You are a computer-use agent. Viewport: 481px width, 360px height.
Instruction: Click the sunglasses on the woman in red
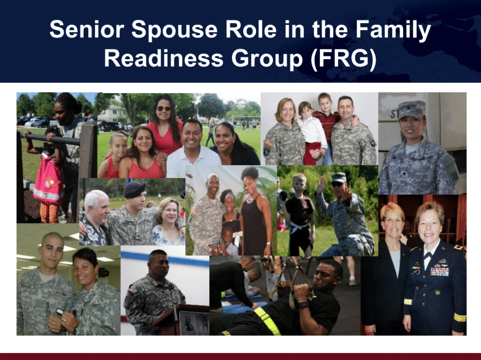click(x=164, y=109)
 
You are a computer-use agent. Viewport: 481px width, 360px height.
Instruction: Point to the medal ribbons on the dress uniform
click(x=439, y=271)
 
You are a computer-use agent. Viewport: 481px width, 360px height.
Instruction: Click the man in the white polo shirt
click(x=191, y=146)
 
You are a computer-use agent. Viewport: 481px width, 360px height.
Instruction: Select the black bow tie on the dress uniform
click(x=427, y=256)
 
